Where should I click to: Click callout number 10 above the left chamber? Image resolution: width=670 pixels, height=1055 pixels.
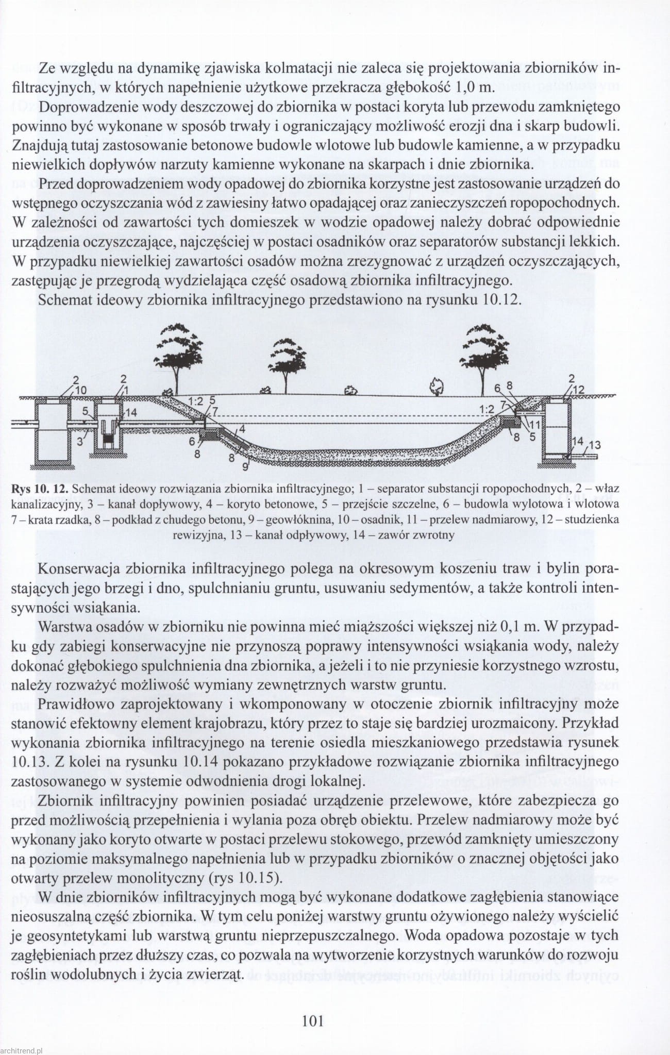[81, 390]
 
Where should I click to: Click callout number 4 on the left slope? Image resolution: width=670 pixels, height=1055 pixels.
[242, 429]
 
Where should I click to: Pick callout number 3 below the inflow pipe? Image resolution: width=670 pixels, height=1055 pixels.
[80, 441]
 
